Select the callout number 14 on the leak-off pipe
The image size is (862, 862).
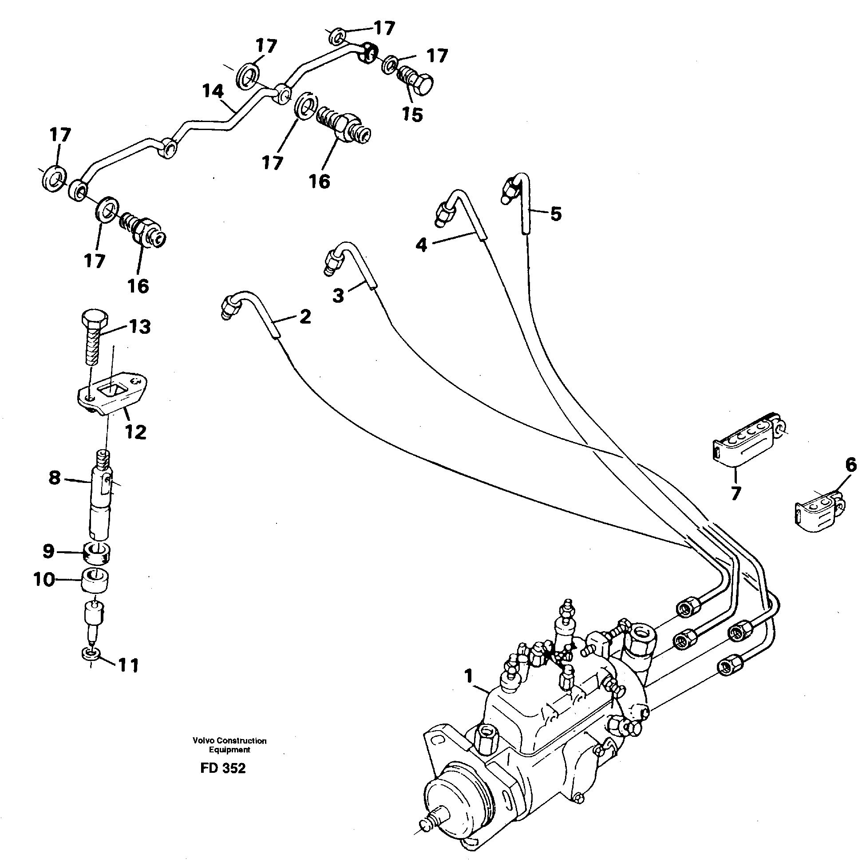[212, 91]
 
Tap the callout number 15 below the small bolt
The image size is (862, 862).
[412, 114]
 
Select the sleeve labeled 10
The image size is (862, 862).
[96, 581]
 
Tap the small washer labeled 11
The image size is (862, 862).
[91, 654]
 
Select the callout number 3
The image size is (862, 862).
[338, 295]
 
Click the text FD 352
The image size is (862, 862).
[223, 768]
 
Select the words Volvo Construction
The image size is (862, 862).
[229, 741]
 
